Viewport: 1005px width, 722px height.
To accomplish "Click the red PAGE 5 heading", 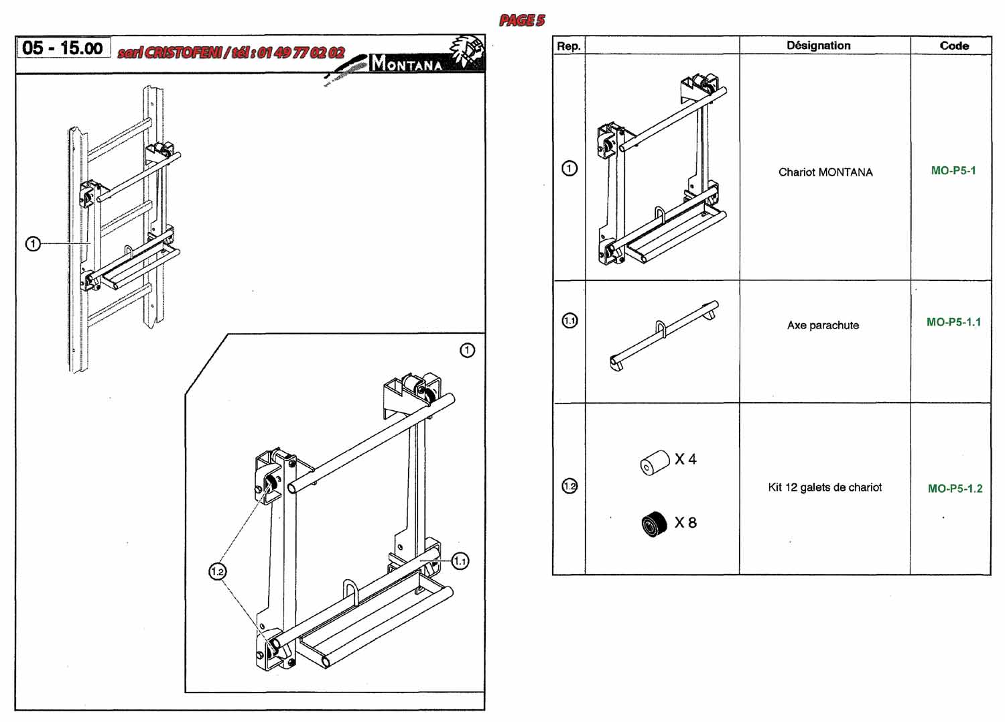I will click(x=522, y=21).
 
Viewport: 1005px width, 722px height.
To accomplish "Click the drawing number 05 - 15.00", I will click(x=62, y=48).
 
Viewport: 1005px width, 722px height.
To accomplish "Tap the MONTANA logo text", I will click(x=407, y=64).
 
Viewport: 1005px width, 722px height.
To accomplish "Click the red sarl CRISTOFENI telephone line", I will click(x=231, y=52).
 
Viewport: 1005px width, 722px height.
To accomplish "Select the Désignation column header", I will click(x=818, y=46).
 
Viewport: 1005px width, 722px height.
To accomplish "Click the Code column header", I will click(x=954, y=46).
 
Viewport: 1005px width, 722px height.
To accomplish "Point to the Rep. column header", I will click(x=568, y=46).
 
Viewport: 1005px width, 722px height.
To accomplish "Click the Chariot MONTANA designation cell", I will click(x=825, y=172).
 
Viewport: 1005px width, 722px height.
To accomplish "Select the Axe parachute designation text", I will click(x=823, y=325).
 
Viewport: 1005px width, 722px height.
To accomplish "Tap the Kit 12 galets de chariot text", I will click(x=825, y=487).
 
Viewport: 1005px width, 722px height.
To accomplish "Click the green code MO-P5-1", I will click(x=953, y=170).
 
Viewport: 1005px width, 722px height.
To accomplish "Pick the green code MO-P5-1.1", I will click(x=953, y=322).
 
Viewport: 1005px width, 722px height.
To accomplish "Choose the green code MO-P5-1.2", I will click(x=955, y=488).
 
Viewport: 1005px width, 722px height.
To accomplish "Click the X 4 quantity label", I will click(x=685, y=459).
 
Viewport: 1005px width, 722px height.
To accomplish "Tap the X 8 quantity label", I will click(x=685, y=522).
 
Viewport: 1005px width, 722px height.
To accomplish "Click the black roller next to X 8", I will click(x=654, y=524).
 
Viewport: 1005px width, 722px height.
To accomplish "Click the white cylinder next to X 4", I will click(x=655, y=463).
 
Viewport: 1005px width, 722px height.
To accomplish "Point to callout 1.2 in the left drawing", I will click(x=217, y=571).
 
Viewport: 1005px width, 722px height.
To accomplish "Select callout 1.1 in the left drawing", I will click(x=460, y=561).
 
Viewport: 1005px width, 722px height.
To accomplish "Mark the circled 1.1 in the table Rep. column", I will click(x=569, y=320).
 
